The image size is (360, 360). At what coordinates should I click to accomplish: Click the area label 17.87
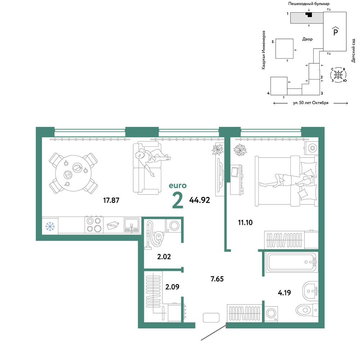coord(111,200)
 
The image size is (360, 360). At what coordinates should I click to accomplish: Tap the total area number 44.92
coord(199,200)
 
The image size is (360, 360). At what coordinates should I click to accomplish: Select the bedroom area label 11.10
coord(245,222)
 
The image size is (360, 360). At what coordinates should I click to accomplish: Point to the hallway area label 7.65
coord(217,279)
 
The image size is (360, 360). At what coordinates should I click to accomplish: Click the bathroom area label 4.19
coord(284,292)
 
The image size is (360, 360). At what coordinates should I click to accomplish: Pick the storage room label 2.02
coord(164,256)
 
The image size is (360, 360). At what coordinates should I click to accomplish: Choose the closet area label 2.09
coord(172,287)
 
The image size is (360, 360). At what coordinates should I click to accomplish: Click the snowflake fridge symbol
coord(50,226)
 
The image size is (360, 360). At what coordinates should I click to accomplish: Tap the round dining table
coord(73,173)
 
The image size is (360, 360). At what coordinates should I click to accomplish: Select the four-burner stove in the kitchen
coord(94,225)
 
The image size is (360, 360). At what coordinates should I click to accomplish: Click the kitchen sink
coord(131,225)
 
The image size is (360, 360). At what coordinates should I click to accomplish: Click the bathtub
coord(292,262)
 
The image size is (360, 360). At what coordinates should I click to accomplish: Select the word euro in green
coord(178,185)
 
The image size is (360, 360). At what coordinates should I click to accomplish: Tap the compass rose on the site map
coord(338,75)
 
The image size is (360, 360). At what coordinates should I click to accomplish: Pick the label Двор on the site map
coord(307,39)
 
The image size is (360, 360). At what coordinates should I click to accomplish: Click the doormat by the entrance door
coord(211,318)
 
